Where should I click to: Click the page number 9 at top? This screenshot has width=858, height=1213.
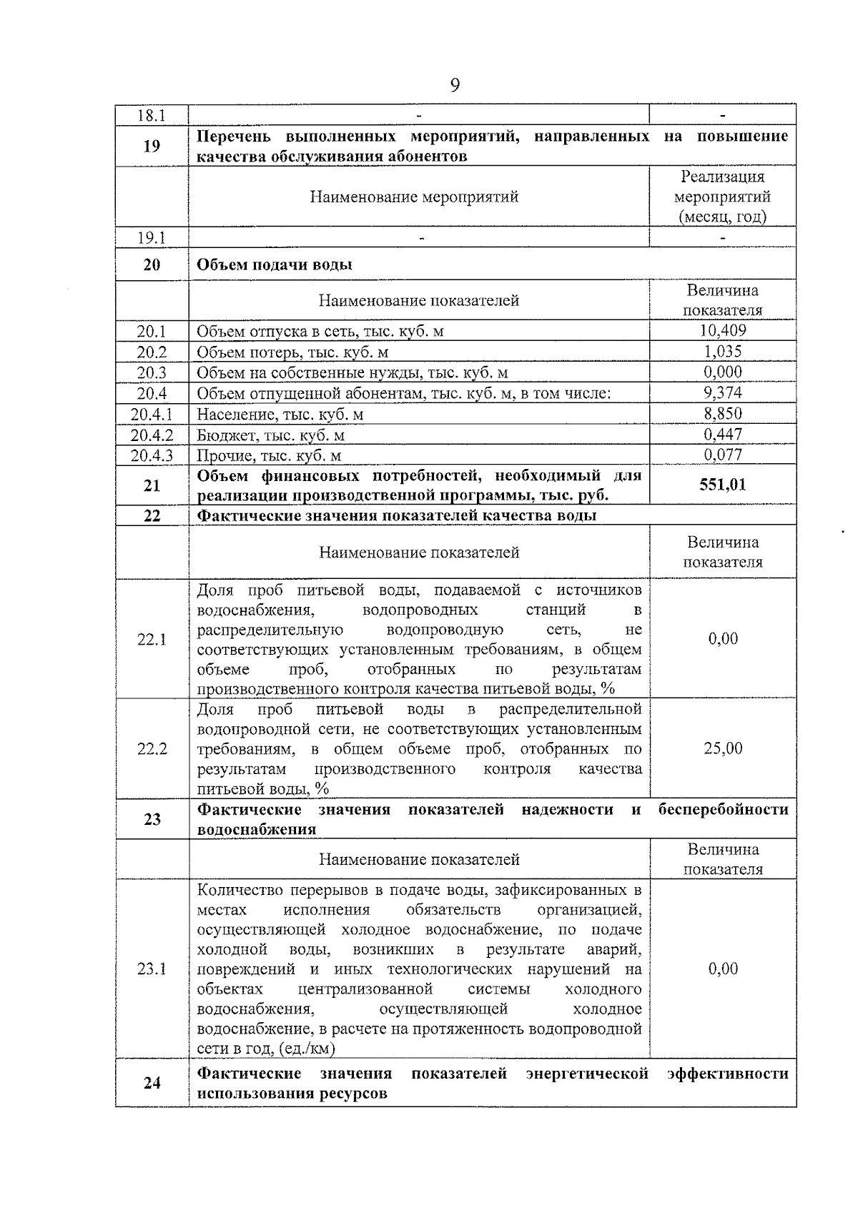[455, 86]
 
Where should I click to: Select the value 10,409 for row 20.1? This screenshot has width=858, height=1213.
[723, 330]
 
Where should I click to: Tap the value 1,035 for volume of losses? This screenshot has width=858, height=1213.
[723, 351]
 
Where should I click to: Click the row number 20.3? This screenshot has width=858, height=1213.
[152, 372]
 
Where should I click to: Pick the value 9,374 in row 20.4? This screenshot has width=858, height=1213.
[723, 392]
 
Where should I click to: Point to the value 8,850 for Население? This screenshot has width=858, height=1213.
[723, 413]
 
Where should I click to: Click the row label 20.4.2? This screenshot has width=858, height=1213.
[152, 435]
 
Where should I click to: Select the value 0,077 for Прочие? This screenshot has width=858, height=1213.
[723, 455]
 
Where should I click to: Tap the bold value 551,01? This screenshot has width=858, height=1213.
[723, 485]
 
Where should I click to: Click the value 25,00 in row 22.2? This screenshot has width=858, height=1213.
[723, 748]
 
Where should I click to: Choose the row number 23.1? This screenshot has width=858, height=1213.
[152, 969]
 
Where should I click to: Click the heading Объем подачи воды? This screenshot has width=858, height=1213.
[275, 264]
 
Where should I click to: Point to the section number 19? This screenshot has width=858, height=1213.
[152, 146]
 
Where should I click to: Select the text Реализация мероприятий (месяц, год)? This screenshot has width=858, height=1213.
[723, 197]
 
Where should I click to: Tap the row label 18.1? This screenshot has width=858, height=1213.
[152, 115]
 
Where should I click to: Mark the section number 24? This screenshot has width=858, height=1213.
[152, 1083]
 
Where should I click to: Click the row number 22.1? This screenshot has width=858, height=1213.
[152, 639]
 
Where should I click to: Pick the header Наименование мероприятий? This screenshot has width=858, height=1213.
[414, 197]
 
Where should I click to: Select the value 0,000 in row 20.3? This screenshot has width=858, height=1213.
[723, 372]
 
